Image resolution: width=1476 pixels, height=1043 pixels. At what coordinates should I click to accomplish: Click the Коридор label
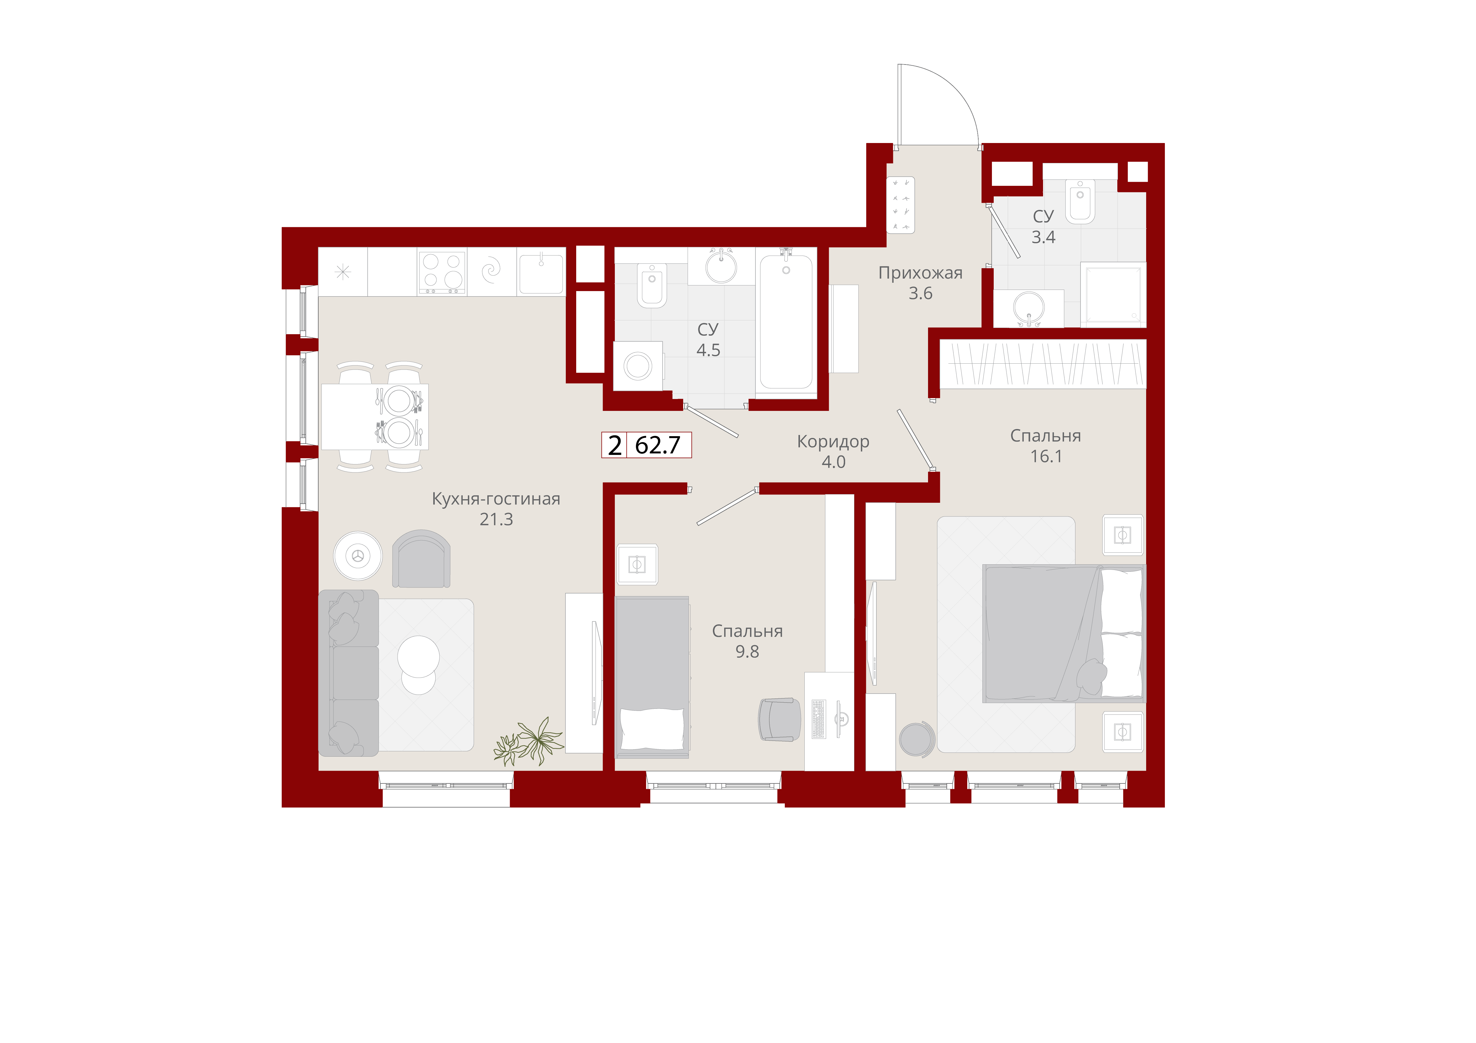[x=833, y=442]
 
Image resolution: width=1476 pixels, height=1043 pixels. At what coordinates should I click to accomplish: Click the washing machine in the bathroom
[x=638, y=366]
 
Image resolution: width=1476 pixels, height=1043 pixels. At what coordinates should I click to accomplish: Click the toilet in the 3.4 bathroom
[x=1080, y=201]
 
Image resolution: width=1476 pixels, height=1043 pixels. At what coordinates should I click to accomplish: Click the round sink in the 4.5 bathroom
[x=721, y=266]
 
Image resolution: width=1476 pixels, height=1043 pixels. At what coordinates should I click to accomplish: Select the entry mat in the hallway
[x=901, y=205]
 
